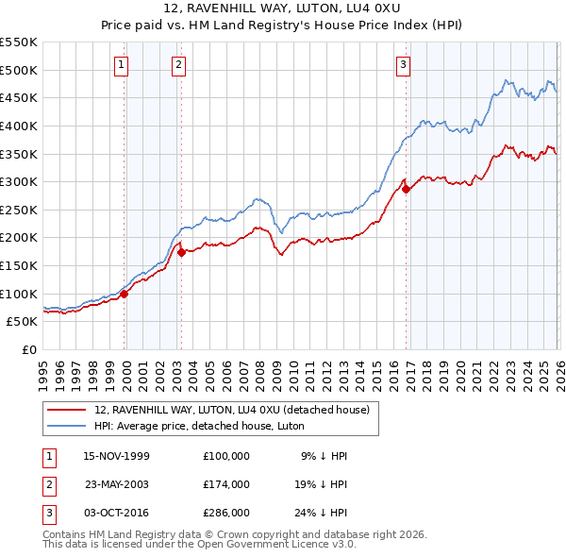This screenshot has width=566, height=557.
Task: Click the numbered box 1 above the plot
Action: click(123, 65)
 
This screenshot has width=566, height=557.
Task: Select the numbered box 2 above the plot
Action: click(178, 65)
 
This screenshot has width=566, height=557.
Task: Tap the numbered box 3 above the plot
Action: click(403, 65)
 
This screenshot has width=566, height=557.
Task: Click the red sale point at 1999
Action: click(124, 294)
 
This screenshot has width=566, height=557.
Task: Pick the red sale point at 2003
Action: click(182, 252)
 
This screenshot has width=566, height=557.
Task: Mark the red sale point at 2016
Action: click(407, 189)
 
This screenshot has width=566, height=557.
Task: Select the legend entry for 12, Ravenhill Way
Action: click(236, 410)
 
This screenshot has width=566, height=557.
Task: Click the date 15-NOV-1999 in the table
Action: click(116, 455)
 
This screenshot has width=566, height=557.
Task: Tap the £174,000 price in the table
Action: click(225, 483)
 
